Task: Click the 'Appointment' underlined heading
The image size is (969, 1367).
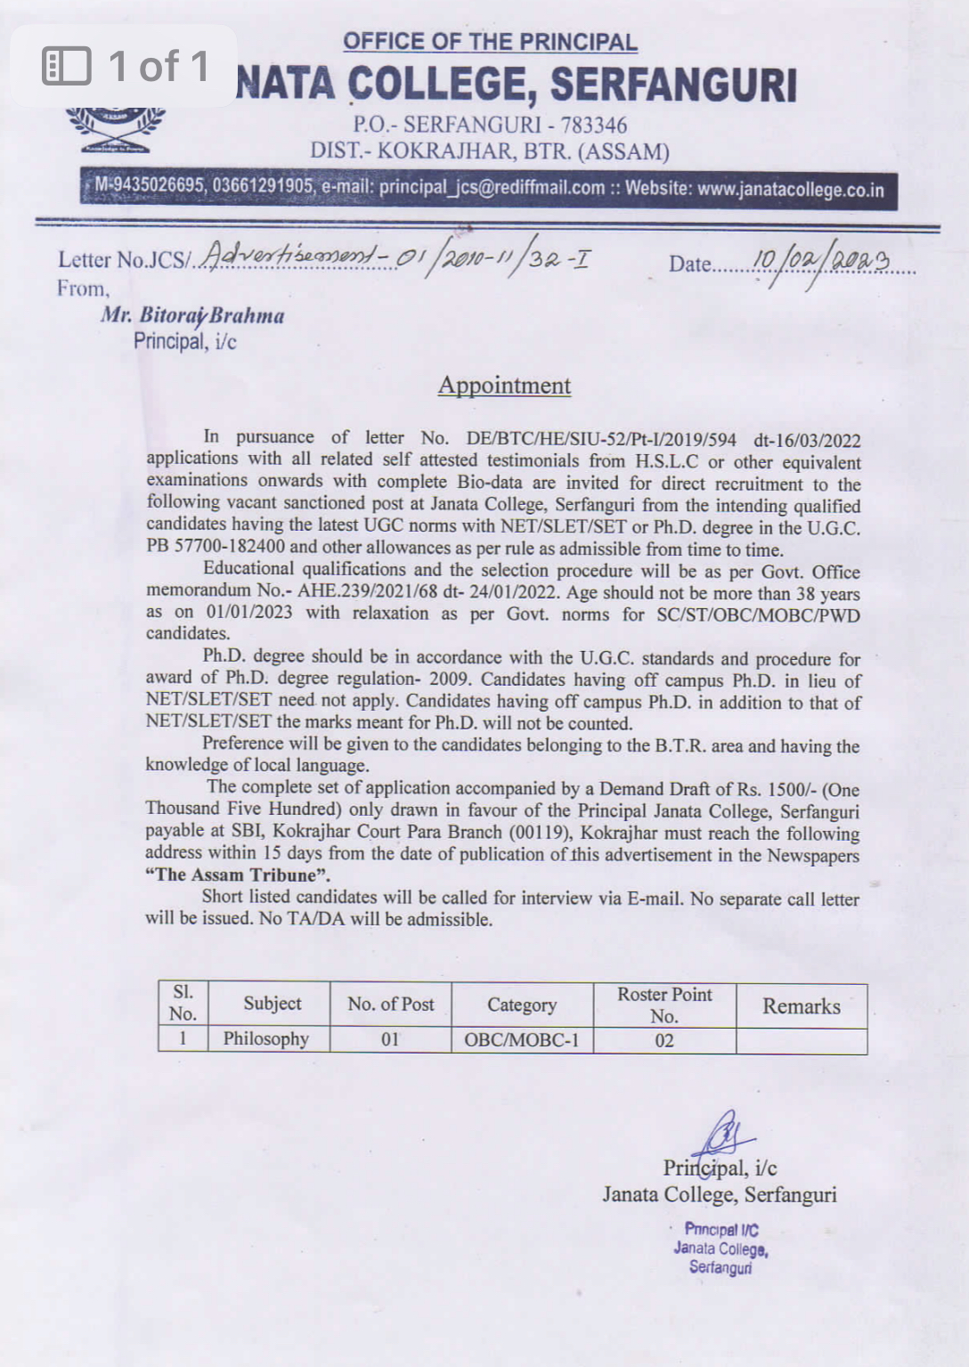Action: point(504,386)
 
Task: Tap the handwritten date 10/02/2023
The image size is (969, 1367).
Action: point(820,262)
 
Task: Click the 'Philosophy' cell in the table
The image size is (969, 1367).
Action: point(265,1039)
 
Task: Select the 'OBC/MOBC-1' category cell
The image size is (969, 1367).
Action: point(522,1040)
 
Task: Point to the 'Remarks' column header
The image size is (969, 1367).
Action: point(801,1006)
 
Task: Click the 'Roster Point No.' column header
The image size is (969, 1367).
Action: point(664,1005)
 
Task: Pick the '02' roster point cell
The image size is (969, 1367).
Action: point(664,1040)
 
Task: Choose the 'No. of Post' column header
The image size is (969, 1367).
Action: point(390,1005)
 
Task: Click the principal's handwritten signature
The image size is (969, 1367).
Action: point(724,1135)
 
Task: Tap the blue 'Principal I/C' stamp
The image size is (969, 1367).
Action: point(721,1248)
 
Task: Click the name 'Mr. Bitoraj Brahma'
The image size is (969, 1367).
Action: point(192,316)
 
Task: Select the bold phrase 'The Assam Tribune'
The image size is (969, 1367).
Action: point(238,875)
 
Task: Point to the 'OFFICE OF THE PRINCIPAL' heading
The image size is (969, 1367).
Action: point(490,42)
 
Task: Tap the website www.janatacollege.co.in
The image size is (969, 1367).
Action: point(790,190)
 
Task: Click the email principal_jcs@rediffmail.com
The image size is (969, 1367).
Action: point(492,188)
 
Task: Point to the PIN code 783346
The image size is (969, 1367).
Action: point(593,125)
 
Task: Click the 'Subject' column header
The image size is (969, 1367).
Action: point(273,1004)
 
